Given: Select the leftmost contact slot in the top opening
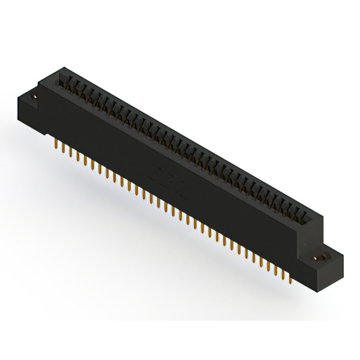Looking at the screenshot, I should pyautogui.click(x=63, y=82).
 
